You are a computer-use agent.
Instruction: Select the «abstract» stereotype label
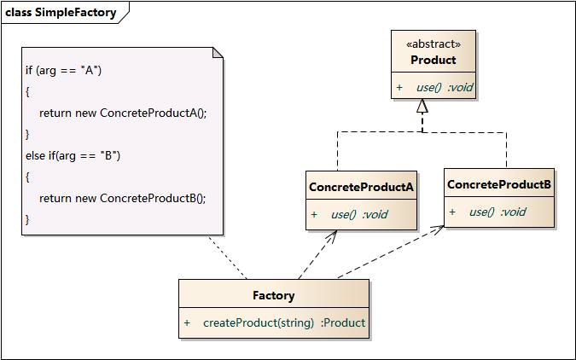[433, 44]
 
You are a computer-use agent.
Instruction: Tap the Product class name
[433, 60]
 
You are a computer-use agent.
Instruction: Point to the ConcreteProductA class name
[361, 187]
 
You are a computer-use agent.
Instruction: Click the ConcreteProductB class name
[499, 184]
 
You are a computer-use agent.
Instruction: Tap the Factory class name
[274, 295]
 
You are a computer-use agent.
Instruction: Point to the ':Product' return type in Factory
[343, 322]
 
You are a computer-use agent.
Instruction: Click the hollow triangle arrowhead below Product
[422, 107]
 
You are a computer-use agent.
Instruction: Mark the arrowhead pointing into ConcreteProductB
[438, 229]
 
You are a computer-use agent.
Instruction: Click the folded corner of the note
[218, 53]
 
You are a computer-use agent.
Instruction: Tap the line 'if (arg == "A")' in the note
[64, 70]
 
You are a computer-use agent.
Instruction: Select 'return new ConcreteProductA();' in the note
[123, 113]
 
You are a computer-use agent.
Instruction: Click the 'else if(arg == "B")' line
[73, 155]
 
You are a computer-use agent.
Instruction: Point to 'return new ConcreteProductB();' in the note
[123, 198]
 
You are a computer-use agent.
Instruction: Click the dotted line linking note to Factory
[227, 257]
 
